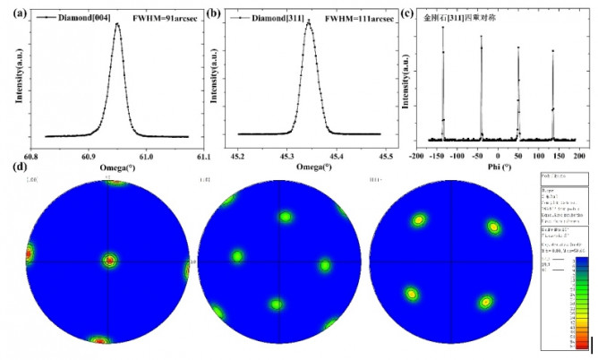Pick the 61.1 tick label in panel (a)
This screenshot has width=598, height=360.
pos(202,154)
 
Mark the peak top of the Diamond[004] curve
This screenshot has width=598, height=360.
pos(117,24)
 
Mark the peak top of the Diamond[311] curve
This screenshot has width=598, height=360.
pos(308,21)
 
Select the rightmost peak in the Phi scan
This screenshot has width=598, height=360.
pos(552,50)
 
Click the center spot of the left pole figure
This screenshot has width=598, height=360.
pos(109,261)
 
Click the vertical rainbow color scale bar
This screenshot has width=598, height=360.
pos(582,304)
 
